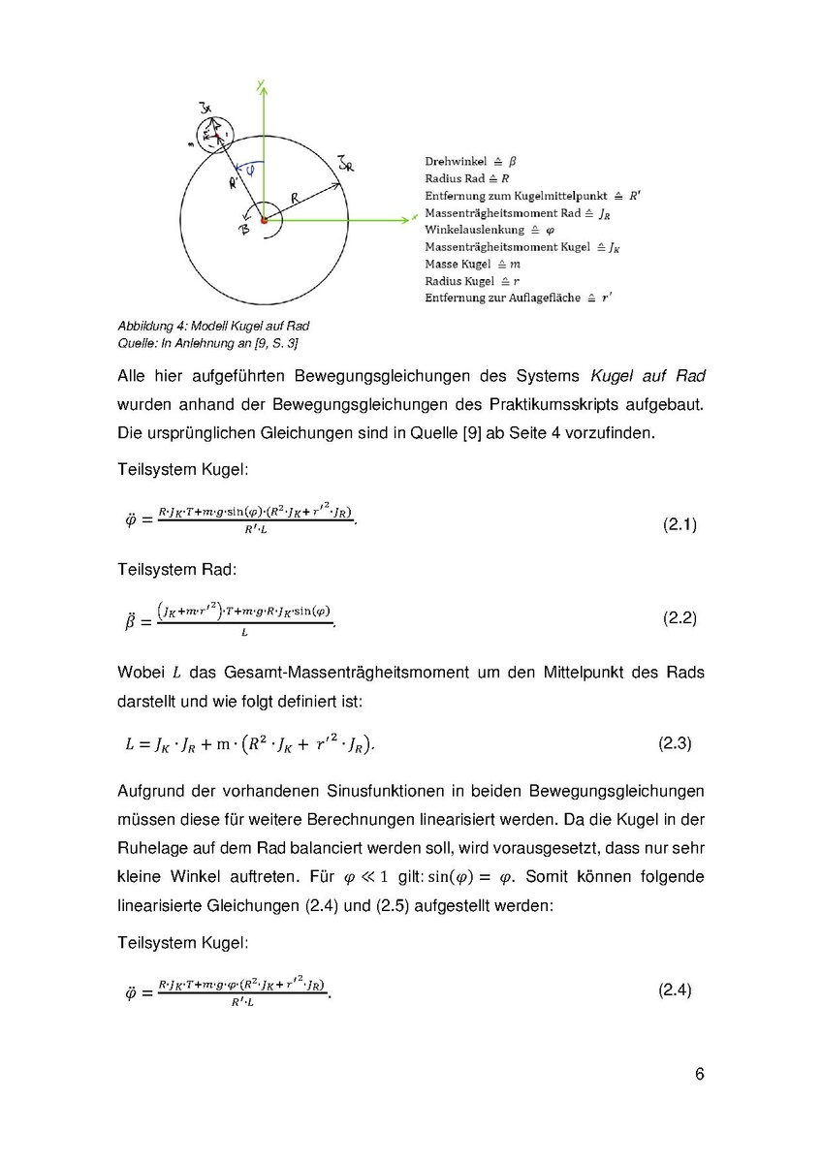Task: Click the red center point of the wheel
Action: tap(264, 222)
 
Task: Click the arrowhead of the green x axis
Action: tap(411, 222)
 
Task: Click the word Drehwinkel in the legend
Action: tap(456, 161)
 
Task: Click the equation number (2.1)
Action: tap(680, 525)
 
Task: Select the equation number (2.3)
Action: tap(676, 744)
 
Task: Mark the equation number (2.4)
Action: tap(676, 990)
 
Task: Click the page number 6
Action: tap(699, 1075)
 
